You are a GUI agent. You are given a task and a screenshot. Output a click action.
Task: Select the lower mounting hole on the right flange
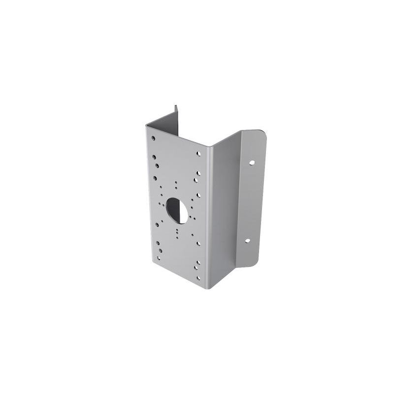click(248, 242)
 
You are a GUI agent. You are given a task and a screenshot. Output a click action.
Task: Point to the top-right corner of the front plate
click(207, 146)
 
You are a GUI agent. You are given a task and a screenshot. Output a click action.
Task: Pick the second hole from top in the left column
click(154, 158)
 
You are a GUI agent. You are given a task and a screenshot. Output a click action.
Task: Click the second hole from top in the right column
click(197, 173)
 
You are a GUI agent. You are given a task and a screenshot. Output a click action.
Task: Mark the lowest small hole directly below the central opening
click(176, 234)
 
